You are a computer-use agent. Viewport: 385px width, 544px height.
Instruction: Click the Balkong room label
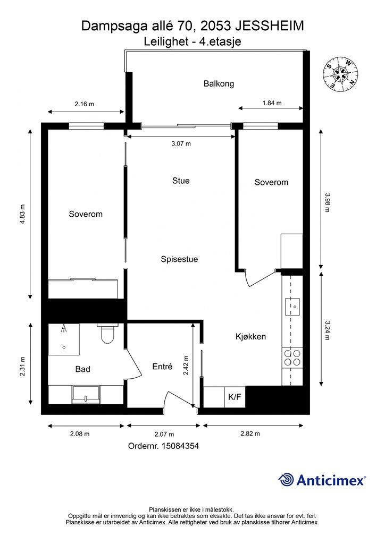219,83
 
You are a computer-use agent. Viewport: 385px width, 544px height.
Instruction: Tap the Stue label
181,181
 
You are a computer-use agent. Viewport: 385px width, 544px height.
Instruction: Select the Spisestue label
180,259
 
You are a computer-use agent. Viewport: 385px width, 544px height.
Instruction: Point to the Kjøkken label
250,336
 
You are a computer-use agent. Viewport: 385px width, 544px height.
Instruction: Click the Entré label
163,367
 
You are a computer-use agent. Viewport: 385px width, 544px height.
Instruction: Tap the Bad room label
82,369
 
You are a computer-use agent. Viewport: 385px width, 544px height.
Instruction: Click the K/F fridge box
235,397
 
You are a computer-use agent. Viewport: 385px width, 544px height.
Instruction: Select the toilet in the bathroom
107,334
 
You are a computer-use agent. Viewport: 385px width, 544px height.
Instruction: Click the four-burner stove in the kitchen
292,358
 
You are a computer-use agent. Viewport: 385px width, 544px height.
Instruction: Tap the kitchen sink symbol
292,307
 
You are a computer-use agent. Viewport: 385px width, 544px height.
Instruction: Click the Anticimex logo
322,480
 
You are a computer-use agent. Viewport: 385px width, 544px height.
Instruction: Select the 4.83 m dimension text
22,214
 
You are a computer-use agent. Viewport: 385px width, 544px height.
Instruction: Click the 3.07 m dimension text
181,143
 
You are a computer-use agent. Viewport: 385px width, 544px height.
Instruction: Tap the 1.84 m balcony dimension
272,103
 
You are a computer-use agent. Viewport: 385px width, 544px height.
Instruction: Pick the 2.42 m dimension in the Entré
186,365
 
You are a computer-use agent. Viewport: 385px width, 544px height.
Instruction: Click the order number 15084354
163,446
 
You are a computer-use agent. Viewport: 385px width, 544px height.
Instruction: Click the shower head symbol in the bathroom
63,328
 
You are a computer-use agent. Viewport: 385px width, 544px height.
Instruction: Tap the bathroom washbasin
86,395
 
